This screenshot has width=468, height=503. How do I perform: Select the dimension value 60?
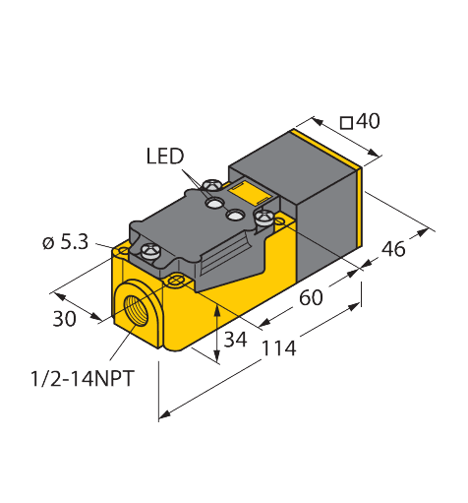click(x=311, y=298)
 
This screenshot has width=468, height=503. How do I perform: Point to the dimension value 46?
click(x=393, y=250)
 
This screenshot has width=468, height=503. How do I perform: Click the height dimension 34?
click(x=235, y=342)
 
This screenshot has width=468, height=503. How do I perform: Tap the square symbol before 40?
click(x=347, y=122)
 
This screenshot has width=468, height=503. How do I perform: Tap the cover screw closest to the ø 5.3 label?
click(x=151, y=251)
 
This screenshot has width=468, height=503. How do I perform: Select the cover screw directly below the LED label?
click(x=210, y=185)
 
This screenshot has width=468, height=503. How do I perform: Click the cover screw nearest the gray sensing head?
click(x=263, y=216)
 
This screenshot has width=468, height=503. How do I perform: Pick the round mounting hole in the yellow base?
click(x=176, y=283)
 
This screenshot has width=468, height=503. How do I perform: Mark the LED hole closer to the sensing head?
click(x=236, y=215)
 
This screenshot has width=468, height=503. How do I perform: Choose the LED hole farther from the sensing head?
click(x=213, y=204)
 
